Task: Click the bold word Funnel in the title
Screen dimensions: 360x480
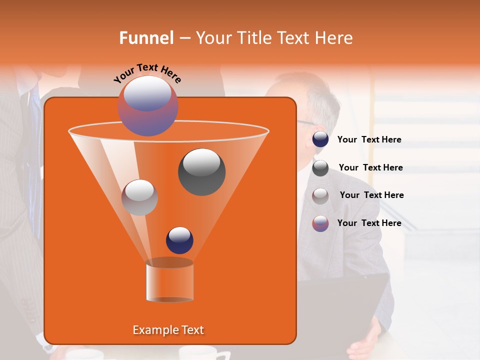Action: pos(146,38)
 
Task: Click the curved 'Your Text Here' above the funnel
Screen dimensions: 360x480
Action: pos(147,73)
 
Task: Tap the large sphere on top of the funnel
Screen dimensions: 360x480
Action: pos(147,105)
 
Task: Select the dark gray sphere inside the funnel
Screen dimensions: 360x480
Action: pos(201,171)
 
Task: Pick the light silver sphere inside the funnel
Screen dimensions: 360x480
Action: pos(140,197)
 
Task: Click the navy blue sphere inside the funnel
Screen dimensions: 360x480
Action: pos(179,240)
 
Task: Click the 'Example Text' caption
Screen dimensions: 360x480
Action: pos(168,330)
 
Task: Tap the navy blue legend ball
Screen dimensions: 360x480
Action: pos(320,139)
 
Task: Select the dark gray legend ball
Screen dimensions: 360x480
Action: pos(320,168)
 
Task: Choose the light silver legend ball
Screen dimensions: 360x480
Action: pos(320,195)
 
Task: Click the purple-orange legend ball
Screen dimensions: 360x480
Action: pos(320,223)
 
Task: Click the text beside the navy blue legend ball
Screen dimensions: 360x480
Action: pos(369,139)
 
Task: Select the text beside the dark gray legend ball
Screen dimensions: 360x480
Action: pos(370,167)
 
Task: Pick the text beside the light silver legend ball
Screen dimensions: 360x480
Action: pos(371,195)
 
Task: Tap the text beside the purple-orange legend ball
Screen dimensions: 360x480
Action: pos(369,223)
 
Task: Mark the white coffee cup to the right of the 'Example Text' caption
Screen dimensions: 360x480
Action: pos(197,352)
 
